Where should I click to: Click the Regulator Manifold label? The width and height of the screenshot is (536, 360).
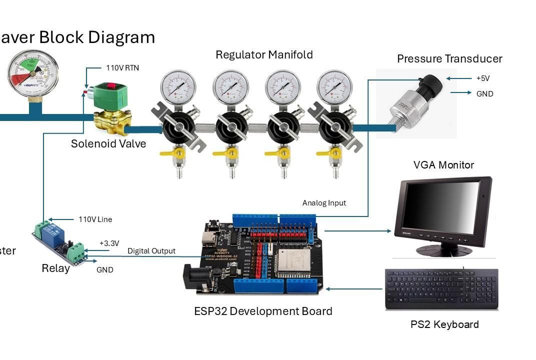[x=264, y=54]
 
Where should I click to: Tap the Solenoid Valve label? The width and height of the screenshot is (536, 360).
[x=108, y=144]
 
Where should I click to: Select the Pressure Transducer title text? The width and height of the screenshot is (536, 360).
[x=449, y=59]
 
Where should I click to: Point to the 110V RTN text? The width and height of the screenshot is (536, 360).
[x=122, y=68]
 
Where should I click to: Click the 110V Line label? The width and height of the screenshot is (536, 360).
[x=95, y=219]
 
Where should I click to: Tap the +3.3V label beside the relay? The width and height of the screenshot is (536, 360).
[x=109, y=243]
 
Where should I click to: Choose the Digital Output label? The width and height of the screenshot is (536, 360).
[x=151, y=251]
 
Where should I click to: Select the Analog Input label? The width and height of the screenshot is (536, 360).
[x=324, y=203]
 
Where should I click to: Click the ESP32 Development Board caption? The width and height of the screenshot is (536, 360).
[x=263, y=311]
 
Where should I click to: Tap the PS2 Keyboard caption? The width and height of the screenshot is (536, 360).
[x=444, y=324]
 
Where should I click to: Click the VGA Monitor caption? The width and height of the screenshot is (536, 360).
[x=443, y=165]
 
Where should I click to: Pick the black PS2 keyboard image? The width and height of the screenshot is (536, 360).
[x=441, y=289]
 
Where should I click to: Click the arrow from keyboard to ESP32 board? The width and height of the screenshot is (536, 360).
[x=354, y=289]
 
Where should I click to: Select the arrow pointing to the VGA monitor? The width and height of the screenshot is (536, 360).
[x=358, y=231]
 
